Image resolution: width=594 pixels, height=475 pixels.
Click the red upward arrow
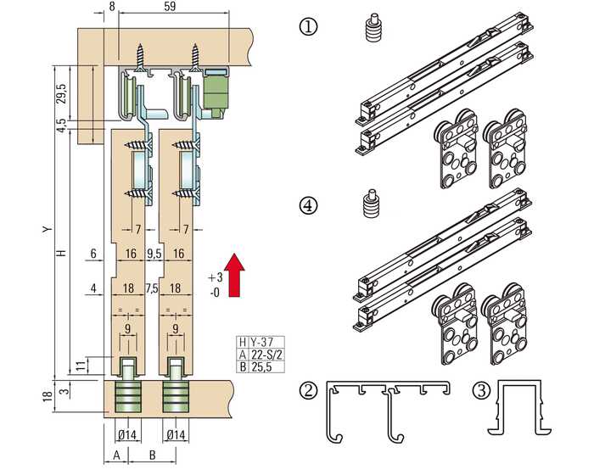coord(234,275)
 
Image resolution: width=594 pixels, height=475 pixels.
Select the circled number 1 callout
coord(308,27)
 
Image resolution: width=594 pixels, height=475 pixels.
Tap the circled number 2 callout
coord(308,390)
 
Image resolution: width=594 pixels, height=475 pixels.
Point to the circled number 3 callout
coord(482,390)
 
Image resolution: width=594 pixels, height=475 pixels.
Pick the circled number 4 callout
coord(308,205)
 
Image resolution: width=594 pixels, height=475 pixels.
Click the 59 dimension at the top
coord(170,6)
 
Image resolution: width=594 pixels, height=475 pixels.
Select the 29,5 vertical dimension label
coord(62,93)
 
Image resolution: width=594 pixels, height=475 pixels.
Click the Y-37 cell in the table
coord(261,342)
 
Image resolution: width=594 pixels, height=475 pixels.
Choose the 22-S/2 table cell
coord(265,355)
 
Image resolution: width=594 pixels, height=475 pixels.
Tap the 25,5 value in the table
coord(261,366)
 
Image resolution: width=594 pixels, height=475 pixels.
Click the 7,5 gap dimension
coord(152,288)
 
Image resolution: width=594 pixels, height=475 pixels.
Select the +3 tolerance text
coord(215,277)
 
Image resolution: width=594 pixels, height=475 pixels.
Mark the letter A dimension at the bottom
coord(116,455)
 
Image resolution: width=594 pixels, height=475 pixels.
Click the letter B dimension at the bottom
coord(152,455)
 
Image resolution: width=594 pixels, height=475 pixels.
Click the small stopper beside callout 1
coord(373,28)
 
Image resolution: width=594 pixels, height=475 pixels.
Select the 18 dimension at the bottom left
coord(48,396)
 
